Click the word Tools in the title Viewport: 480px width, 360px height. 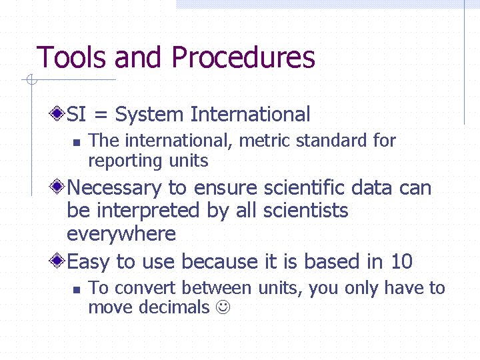[73, 58]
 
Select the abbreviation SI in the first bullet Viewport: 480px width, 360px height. [77, 115]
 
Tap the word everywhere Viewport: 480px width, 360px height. [121, 234]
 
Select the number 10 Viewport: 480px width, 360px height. [402, 261]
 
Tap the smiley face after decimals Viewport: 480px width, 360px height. [223, 308]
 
